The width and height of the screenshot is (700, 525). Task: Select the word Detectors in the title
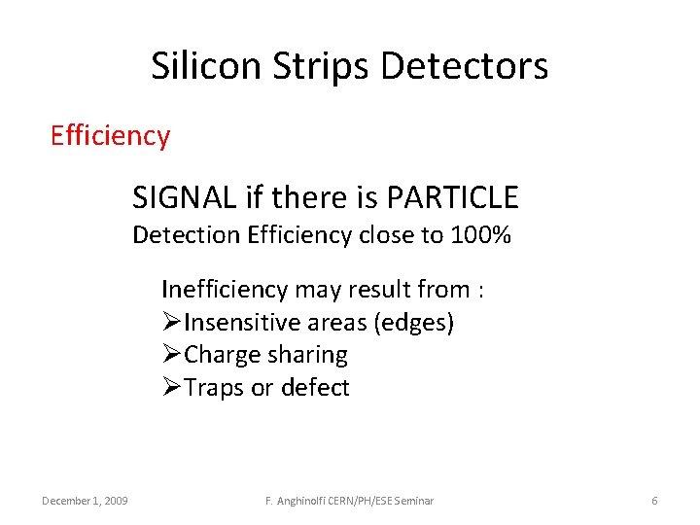point(465,66)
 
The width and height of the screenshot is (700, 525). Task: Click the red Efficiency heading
point(110,135)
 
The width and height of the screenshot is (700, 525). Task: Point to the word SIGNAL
point(185,198)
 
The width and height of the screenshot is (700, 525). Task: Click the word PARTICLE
point(452,198)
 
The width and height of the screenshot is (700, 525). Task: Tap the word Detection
point(186,235)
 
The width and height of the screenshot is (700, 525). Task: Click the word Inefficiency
point(225,290)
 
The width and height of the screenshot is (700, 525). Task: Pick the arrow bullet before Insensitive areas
point(172,323)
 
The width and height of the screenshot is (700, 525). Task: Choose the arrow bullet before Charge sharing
point(172,355)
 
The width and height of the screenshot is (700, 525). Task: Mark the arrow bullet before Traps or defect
point(172,388)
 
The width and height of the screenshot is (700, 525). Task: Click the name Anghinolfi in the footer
point(301,501)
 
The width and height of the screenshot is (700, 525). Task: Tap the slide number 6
point(654,501)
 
